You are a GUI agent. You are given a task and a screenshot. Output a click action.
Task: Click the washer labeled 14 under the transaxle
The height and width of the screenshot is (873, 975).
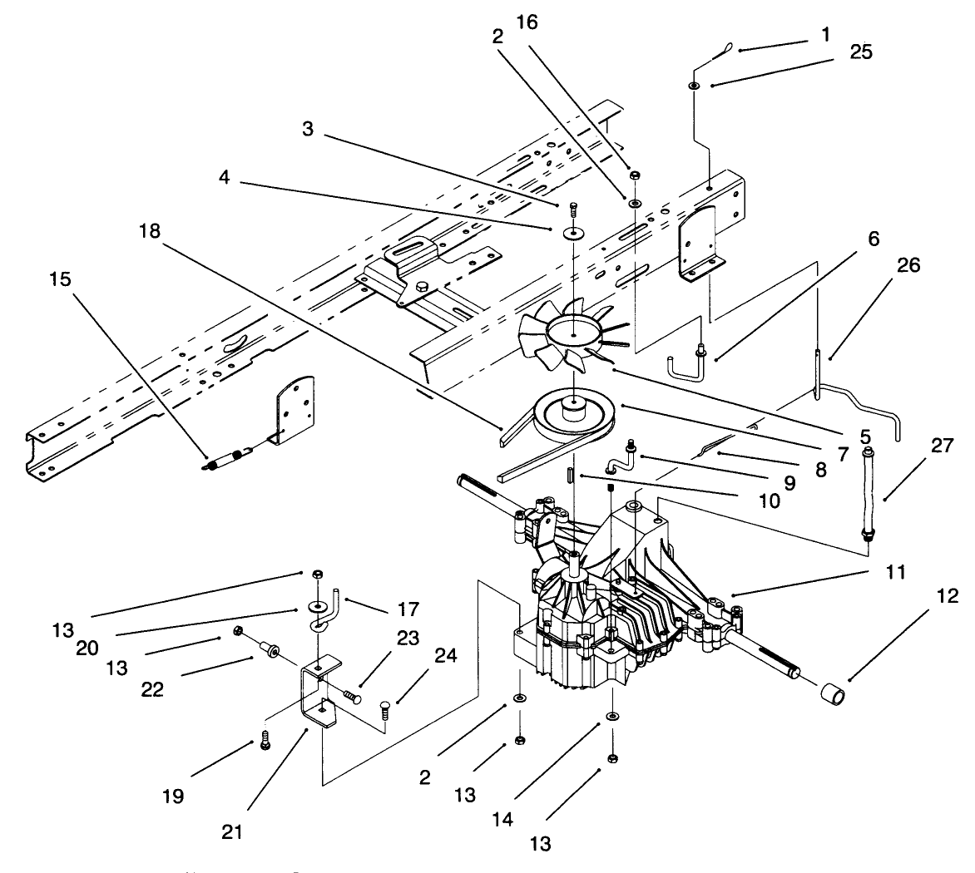tap(611, 716)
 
